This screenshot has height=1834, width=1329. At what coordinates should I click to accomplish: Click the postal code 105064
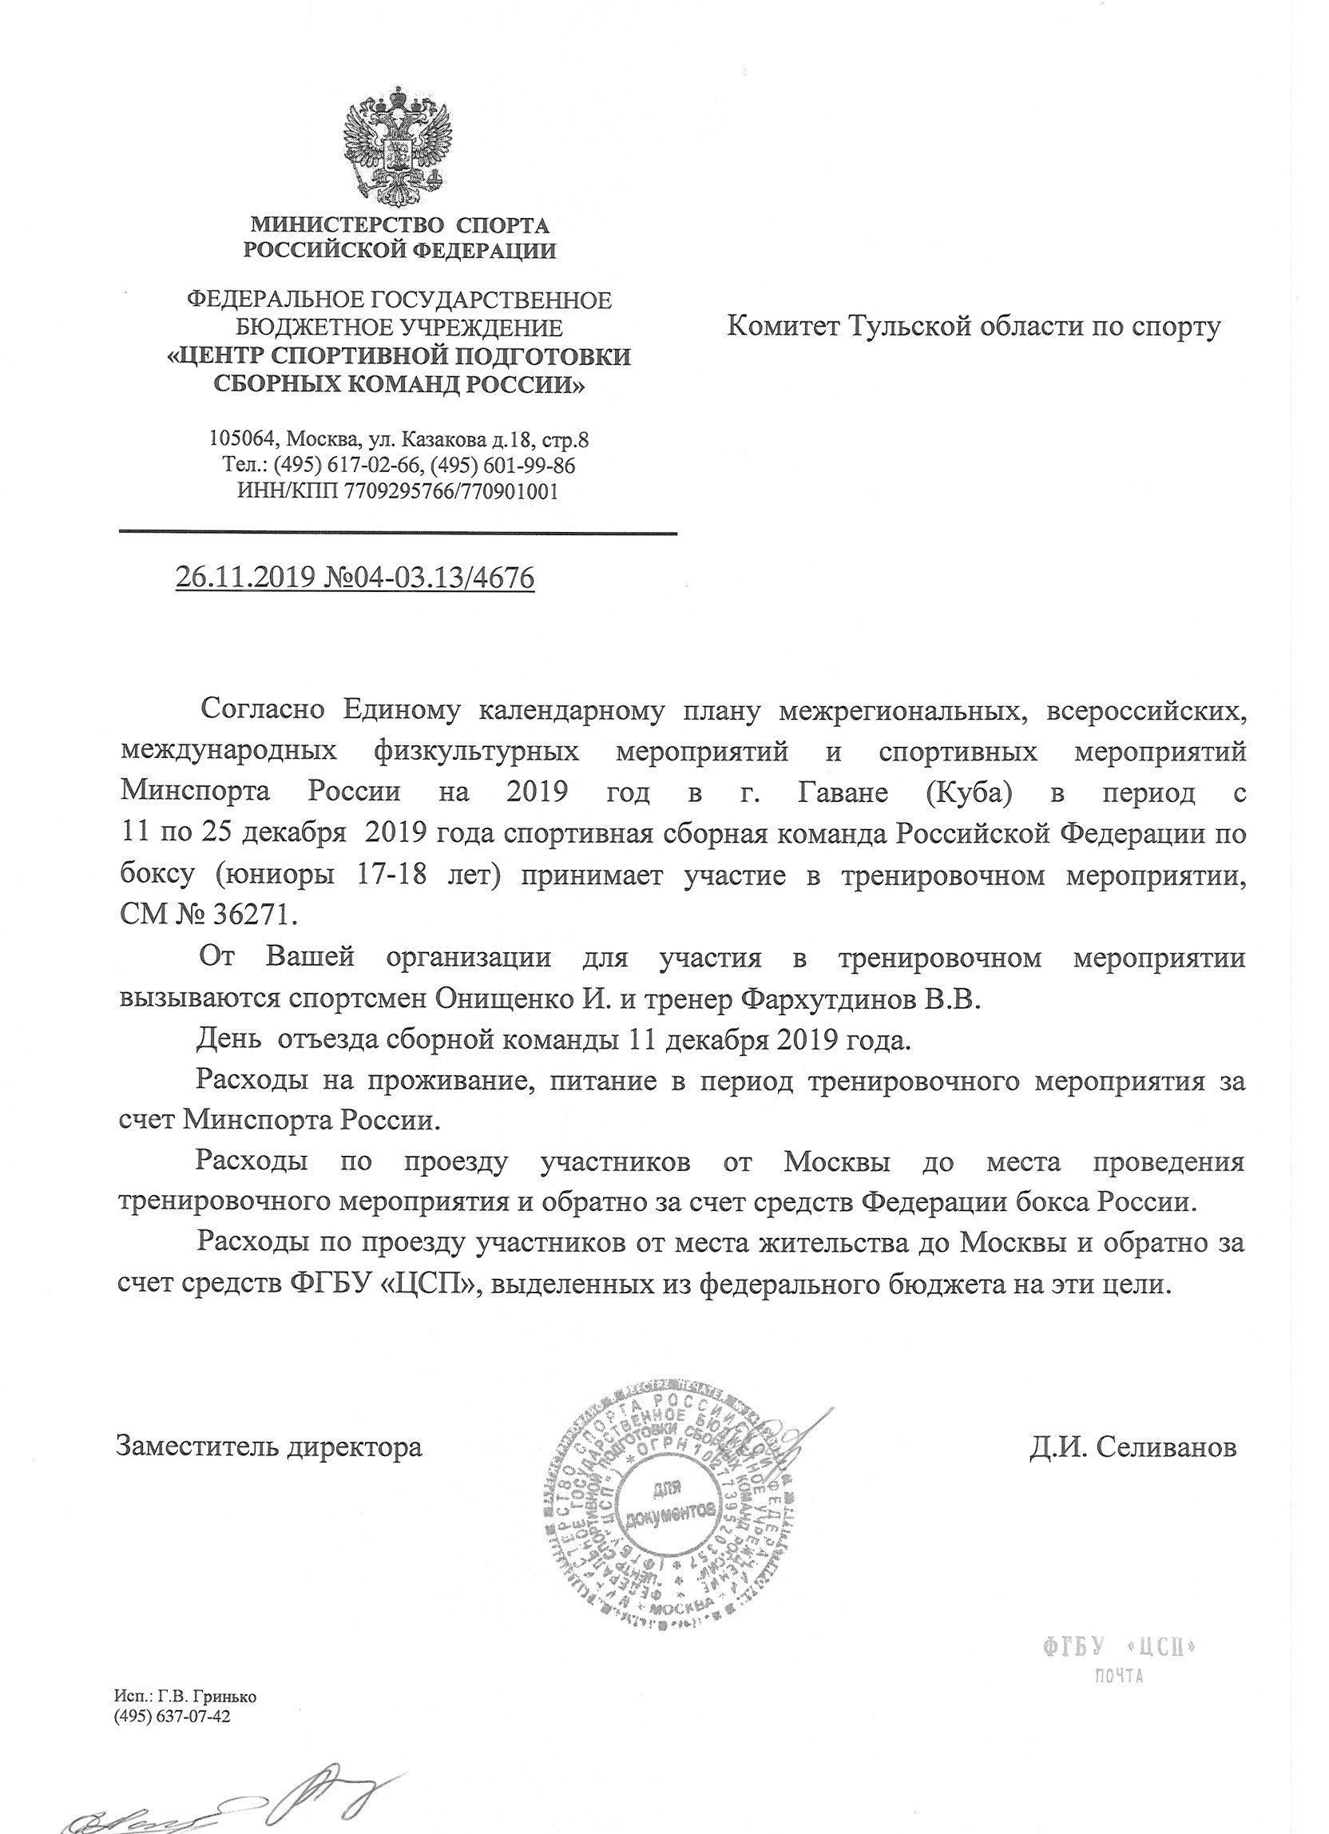click(240, 440)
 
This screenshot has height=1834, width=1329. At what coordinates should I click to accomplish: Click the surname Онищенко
click(495, 1000)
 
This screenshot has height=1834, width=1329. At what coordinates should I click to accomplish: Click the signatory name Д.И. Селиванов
click(1133, 1447)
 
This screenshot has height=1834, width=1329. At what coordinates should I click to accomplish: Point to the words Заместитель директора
click(269, 1447)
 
